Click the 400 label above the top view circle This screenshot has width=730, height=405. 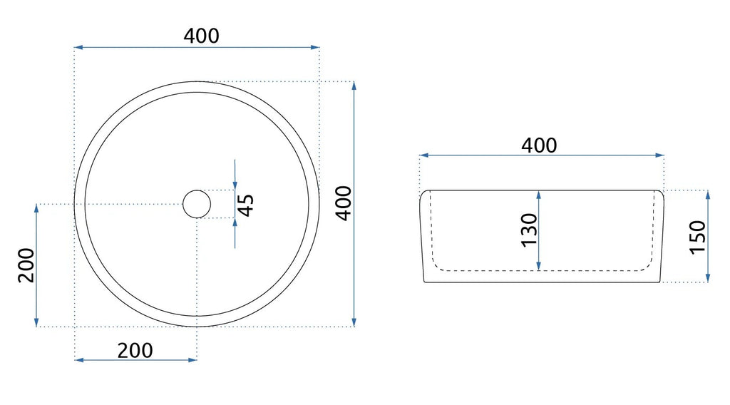point(201,36)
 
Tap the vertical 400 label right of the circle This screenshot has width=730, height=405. point(344,203)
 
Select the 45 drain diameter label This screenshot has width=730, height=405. point(246,205)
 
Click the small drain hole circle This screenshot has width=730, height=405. point(197,204)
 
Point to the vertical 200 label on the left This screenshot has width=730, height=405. point(26,265)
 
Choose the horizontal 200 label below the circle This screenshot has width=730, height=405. point(135,351)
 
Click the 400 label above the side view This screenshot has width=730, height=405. point(539,145)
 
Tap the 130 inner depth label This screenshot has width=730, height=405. point(529,230)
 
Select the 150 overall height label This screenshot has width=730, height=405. point(697,237)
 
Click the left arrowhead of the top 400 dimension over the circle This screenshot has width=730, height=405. point(78,47)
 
